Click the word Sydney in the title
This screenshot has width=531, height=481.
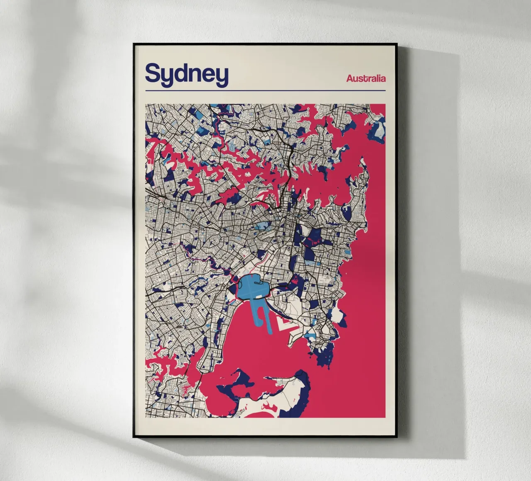(x=187, y=74)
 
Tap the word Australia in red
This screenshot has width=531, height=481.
(x=366, y=78)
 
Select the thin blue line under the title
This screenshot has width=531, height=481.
(x=265, y=90)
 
